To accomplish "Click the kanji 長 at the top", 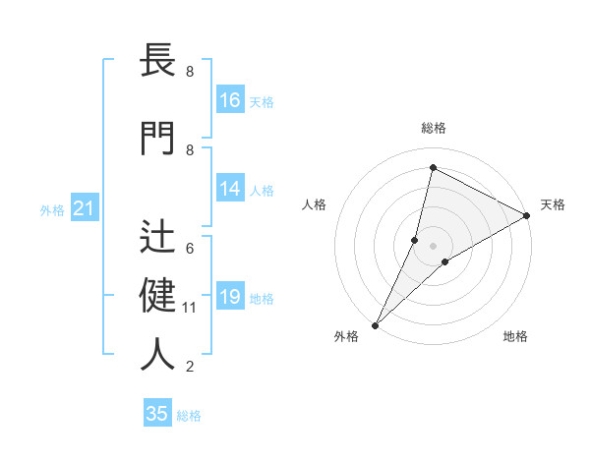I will [158, 61].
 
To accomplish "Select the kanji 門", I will [158, 138].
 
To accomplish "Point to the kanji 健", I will [158, 294].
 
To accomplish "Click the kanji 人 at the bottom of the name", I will [158, 354].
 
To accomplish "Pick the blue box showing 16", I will [230, 100].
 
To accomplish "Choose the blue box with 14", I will [230, 189].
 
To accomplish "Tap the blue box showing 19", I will [230, 297].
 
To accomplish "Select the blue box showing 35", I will [157, 414].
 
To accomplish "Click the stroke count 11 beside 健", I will [190, 308].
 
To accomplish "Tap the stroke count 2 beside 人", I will [190, 368].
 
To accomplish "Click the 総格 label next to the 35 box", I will [189, 416].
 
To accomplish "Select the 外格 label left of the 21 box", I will [52, 209].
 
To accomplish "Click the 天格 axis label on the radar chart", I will [553, 204].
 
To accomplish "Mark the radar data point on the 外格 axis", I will [375, 324].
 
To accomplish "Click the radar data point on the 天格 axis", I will [527, 215].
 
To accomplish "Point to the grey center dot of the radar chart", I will [433, 246].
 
